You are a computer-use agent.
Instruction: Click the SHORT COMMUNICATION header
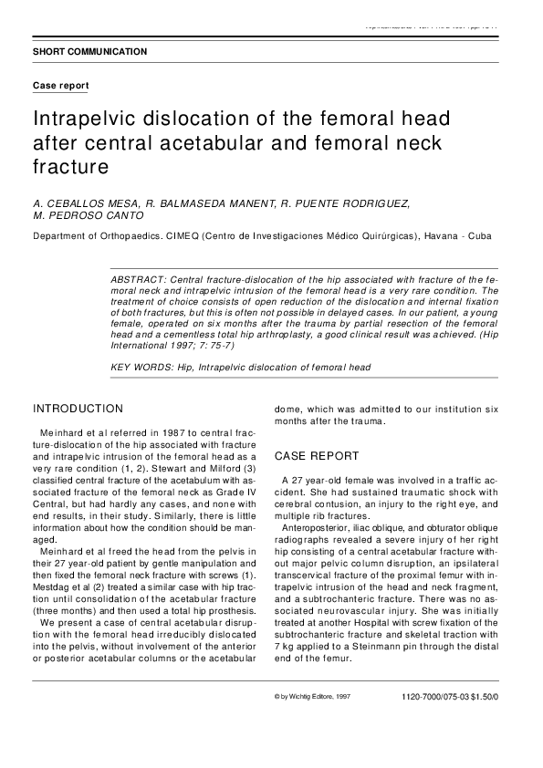(89, 52)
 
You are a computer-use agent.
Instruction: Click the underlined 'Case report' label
(61, 85)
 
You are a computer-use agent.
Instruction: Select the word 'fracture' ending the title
(70, 167)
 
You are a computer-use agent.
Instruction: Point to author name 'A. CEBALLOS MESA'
(80, 202)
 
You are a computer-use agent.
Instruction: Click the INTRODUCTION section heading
(78, 409)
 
